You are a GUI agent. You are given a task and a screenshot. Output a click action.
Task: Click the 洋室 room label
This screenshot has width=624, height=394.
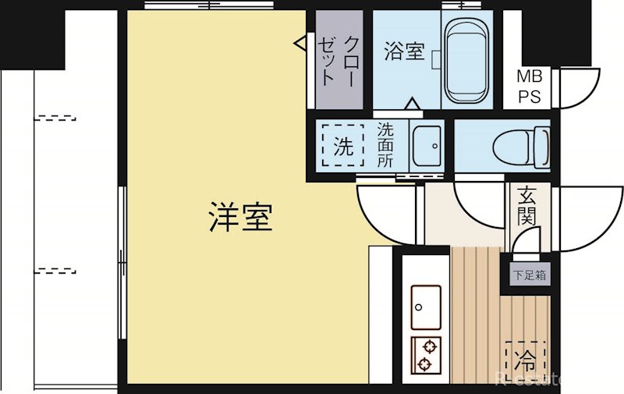(240, 218)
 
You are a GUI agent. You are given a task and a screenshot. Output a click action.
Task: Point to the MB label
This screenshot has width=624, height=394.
(534, 77)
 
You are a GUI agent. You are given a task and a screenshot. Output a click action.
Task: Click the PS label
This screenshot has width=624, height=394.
(534, 97)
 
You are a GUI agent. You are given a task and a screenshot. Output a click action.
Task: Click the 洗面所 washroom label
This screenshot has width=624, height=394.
(386, 145)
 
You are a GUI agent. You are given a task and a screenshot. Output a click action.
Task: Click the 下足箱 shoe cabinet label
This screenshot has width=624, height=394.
(530, 275)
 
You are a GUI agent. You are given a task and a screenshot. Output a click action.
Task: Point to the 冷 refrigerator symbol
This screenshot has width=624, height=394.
(525, 360)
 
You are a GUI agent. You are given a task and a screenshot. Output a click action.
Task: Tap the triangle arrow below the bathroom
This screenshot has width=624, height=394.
(413, 104)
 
